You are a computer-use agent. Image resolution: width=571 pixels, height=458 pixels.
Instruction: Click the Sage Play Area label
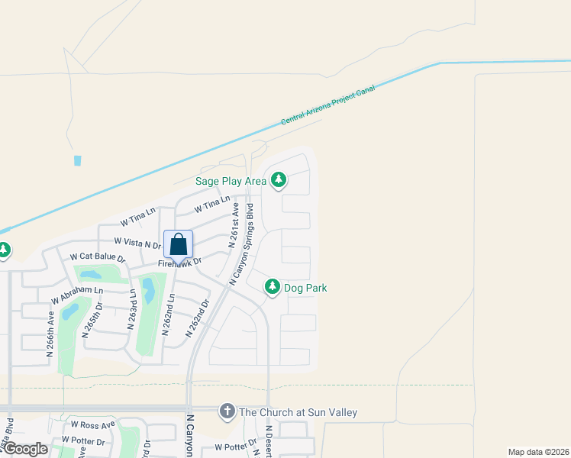[231, 181]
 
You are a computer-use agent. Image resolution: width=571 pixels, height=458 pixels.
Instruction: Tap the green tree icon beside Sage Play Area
[279, 180]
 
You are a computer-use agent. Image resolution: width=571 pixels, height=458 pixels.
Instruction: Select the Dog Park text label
[305, 288]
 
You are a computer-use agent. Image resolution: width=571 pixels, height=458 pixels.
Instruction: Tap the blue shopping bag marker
[178, 245]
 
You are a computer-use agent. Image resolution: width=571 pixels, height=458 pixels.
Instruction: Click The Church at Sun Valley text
[298, 412]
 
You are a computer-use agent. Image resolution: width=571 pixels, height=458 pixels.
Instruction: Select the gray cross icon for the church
[227, 412]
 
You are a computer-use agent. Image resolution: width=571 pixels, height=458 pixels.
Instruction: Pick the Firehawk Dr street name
[179, 263]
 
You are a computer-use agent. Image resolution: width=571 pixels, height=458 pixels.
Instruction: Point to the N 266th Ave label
[50, 334]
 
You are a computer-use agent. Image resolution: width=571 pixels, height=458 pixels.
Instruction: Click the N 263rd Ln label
[131, 308]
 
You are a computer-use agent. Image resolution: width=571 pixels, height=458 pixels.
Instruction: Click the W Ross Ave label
[92, 424]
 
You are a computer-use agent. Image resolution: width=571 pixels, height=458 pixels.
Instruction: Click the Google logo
[24, 449]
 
